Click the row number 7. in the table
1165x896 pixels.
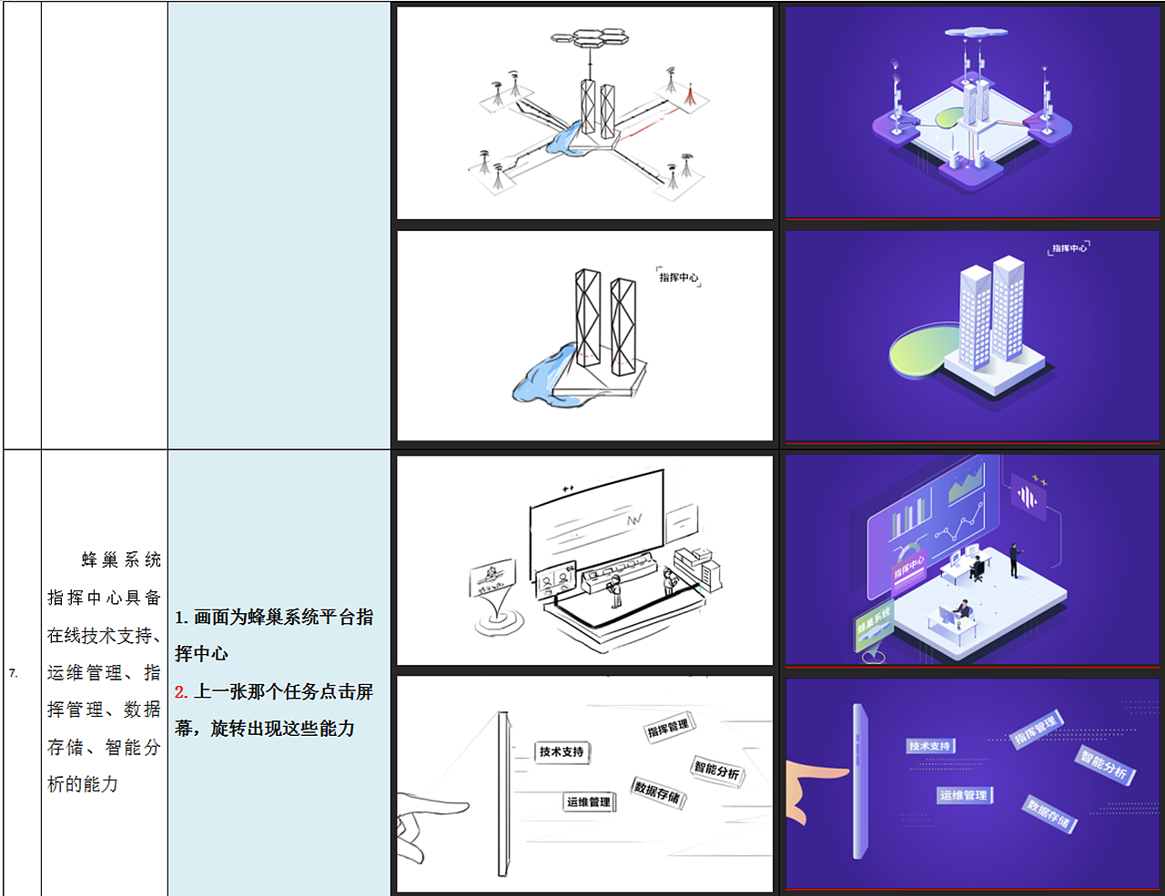click(x=14, y=673)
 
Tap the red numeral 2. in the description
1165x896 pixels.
click(x=181, y=692)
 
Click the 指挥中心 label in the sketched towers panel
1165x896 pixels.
click(x=679, y=277)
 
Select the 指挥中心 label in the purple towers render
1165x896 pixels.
click(x=1069, y=247)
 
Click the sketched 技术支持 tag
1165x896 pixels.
click(x=562, y=752)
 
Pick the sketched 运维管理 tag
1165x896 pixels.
click(x=589, y=802)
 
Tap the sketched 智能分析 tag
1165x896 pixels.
click(x=717, y=770)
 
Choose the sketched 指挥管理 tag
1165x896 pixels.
click(x=669, y=728)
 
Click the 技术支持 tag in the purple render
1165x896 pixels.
click(x=929, y=746)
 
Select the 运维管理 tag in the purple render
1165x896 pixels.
click(x=963, y=795)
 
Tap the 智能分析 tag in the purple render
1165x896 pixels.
click(x=1104, y=765)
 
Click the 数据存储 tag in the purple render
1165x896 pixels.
click(x=1048, y=814)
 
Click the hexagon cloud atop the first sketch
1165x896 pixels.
click(x=590, y=37)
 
